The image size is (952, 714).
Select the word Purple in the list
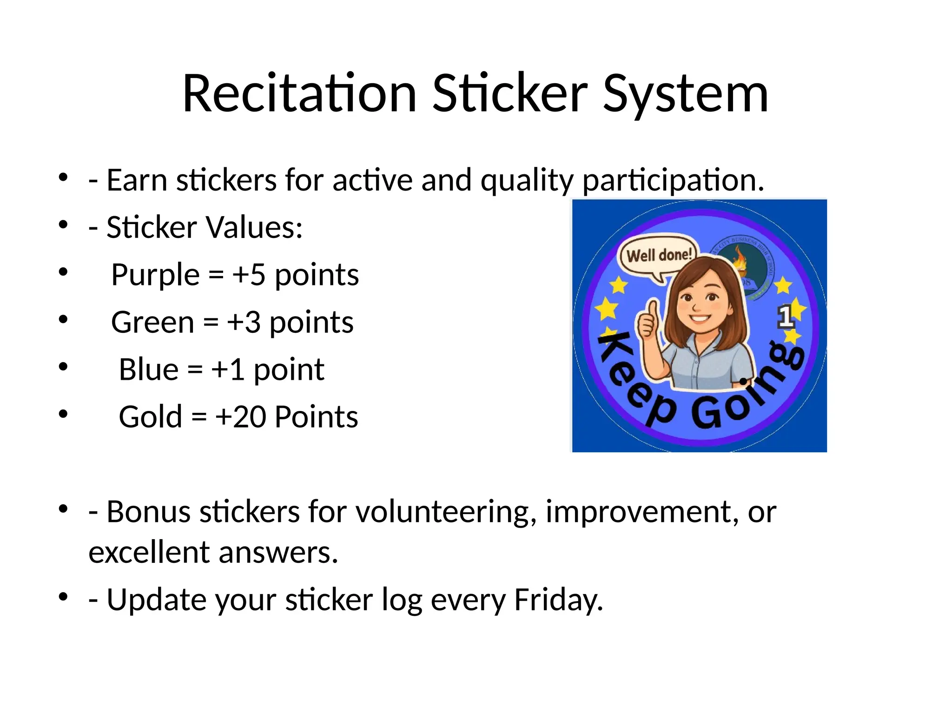[155, 275]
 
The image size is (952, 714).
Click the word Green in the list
[152, 322]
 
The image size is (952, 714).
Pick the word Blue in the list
[148, 370]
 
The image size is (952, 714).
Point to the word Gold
[150, 416]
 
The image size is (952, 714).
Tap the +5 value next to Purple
[249, 275]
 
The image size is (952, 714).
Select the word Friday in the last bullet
[558, 600]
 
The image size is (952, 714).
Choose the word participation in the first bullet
[673, 180]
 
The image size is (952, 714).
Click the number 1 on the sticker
[785, 317]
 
